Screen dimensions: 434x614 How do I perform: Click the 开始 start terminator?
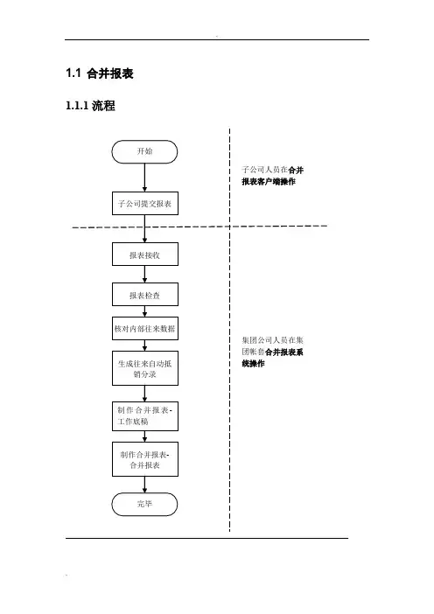pyautogui.click(x=144, y=151)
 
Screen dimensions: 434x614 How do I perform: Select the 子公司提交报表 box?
pyautogui.click(x=145, y=203)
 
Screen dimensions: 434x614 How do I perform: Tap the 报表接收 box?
pyautogui.click(x=145, y=255)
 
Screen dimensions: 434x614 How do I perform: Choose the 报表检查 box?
pyautogui.click(x=145, y=295)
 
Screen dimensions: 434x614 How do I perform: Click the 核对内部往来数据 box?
pyautogui.click(x=145, y=328)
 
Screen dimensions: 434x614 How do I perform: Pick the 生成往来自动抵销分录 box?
pyautogui.click(x=145, y=368)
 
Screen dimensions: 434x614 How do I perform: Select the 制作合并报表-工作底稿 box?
pyautogui.click(x=145, y=416)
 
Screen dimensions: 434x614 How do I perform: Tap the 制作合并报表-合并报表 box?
pyautogui.click(x=145, y=459)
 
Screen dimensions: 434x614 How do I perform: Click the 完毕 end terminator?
pyautogui.click(x=144, y=505)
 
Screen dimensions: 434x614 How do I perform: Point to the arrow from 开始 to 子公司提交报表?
pyautogui.click(x=144, y=178)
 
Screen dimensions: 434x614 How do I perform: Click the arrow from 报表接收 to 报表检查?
pyautogui.click(x=144, y=274)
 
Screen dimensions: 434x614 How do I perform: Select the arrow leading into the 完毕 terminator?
pyautogui.click(x=144, y=485)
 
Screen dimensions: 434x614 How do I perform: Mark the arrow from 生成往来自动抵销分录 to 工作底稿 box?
pyautogui.click(x=144, y=394)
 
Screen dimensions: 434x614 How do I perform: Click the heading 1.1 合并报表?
pyautogui.click(x=100, y=73)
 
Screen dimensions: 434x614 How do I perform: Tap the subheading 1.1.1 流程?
pyautogui.click(x=90, y=105)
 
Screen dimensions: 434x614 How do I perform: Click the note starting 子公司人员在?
pyautogui.click(x=273, y=176)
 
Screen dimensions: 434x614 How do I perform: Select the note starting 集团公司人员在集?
pyautogui.click(x=273, y=352)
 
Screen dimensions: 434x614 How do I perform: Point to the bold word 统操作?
pyautogui.click(x=253, y=363)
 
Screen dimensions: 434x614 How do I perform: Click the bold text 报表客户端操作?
pyautogui.click(x=269, y=181)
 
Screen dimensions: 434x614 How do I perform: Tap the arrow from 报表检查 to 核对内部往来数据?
pyautogui.click(x=144, y=311)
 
